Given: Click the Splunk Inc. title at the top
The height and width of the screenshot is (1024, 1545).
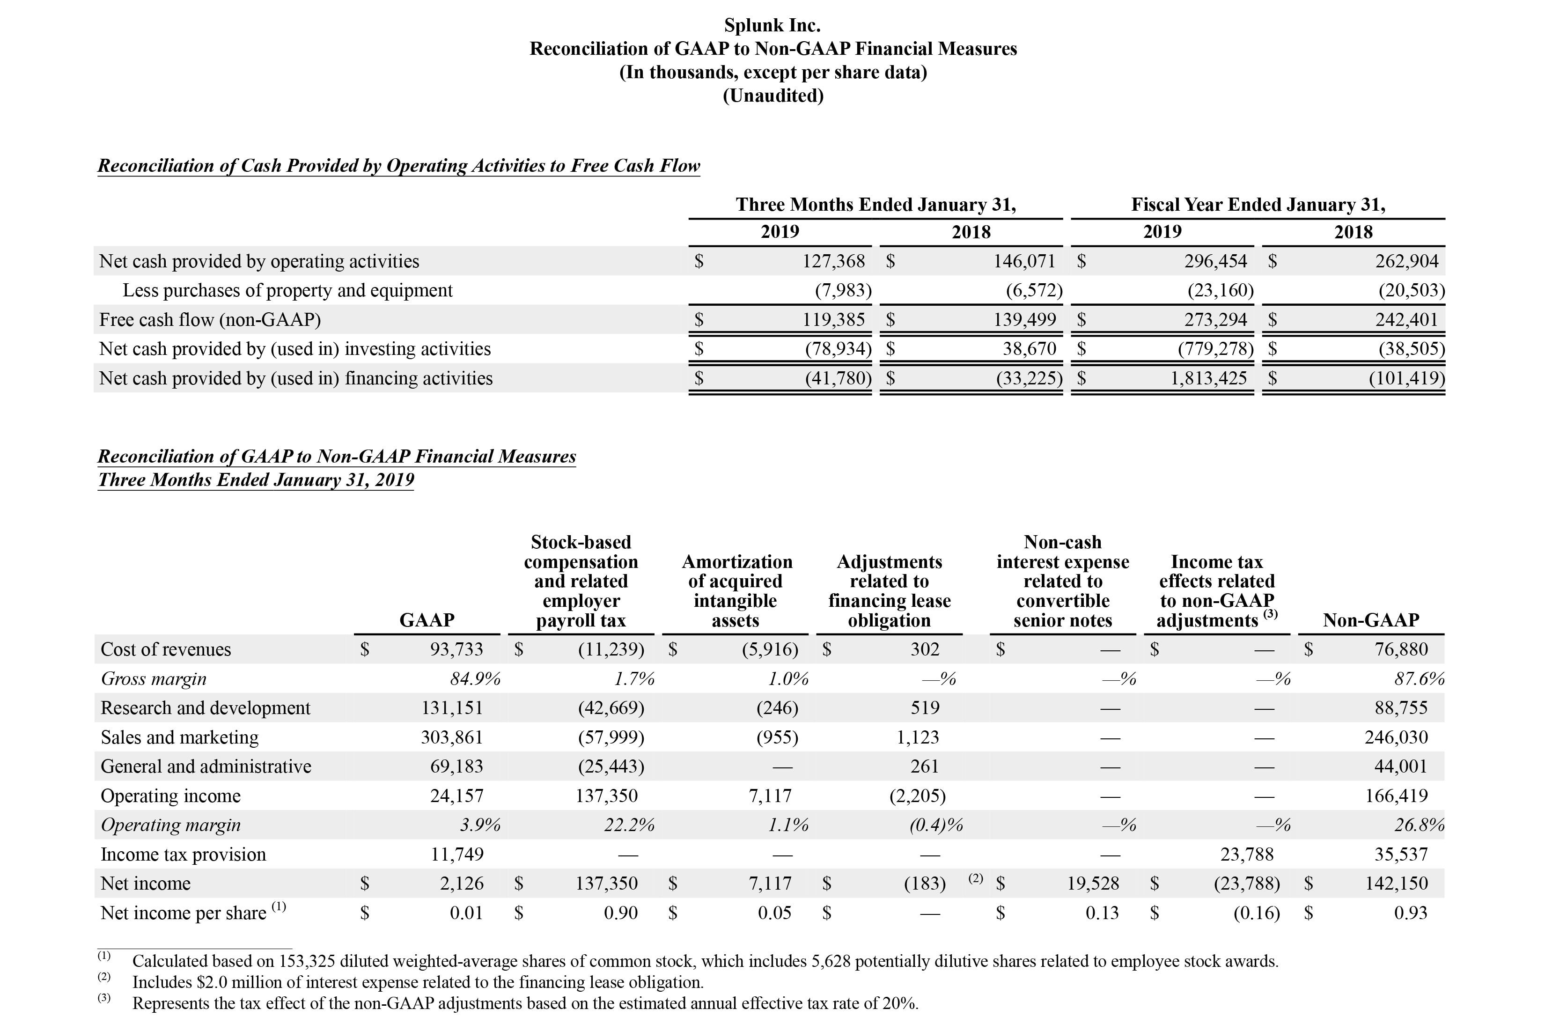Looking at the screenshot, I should click(772, 25).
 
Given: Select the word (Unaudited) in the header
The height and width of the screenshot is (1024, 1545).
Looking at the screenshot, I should click(772, 96).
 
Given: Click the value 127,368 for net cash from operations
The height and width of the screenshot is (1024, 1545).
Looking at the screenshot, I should click(833, 261).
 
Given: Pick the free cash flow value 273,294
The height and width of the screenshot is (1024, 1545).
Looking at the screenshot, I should click(1215, 319).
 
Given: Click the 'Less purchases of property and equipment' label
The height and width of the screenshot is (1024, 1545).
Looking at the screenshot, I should click(287, 291).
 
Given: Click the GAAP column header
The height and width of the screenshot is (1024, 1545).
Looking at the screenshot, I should click(427, 620).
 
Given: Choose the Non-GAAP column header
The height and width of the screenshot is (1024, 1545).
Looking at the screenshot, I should click(1371, 620).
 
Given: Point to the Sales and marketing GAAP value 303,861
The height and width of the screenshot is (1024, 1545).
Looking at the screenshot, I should click(452, 737).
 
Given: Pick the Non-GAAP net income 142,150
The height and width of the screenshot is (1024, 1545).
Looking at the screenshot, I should click(1396, 884).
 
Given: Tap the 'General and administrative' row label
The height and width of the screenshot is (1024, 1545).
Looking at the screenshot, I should click(206, 766).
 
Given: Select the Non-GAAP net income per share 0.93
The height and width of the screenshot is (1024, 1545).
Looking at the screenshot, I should click(1411, 913).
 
